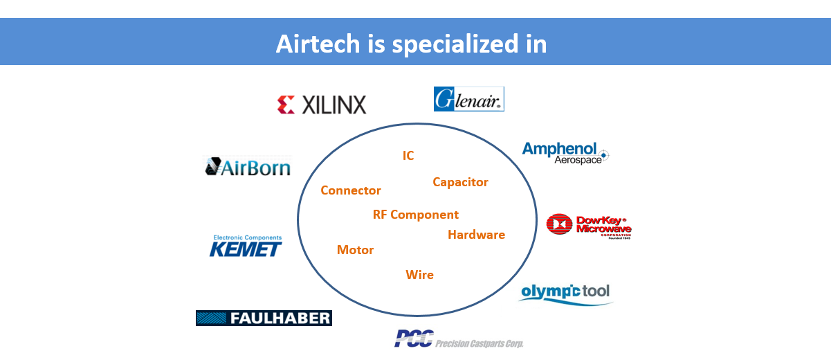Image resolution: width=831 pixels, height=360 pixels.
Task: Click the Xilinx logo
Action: [x=321, y=105]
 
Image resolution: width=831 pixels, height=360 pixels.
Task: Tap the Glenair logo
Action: [x=468, y=99]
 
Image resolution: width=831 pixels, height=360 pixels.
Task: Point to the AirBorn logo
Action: [x=248, y=167]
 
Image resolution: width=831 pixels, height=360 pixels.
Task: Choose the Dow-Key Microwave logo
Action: [x=589, y=226]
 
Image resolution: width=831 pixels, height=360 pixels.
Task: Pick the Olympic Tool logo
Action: [x=565, y=292]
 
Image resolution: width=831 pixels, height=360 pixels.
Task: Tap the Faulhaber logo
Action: [x=264, y=318]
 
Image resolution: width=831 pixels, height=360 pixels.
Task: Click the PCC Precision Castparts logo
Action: [x=459, y=339]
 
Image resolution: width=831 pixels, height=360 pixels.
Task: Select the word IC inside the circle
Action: [x=408, y=156]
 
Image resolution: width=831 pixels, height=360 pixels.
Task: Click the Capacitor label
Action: [x=460, y=182]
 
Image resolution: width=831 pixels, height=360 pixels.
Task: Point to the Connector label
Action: [x=351, y=190]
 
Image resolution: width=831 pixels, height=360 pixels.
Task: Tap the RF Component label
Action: [x=415, y=215]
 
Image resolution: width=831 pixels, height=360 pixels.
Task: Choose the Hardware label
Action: [x=476, y=235]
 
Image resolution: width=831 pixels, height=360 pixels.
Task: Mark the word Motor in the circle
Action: [x=355, y=250]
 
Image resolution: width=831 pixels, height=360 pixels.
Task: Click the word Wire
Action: [x=419, y=275]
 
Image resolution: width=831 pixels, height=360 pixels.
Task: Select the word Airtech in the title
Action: [x=318, y=44]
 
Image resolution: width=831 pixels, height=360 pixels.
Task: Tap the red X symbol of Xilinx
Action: [x=286, y=105]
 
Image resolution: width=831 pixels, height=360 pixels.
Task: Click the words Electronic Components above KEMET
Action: [x=247, y=237]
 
